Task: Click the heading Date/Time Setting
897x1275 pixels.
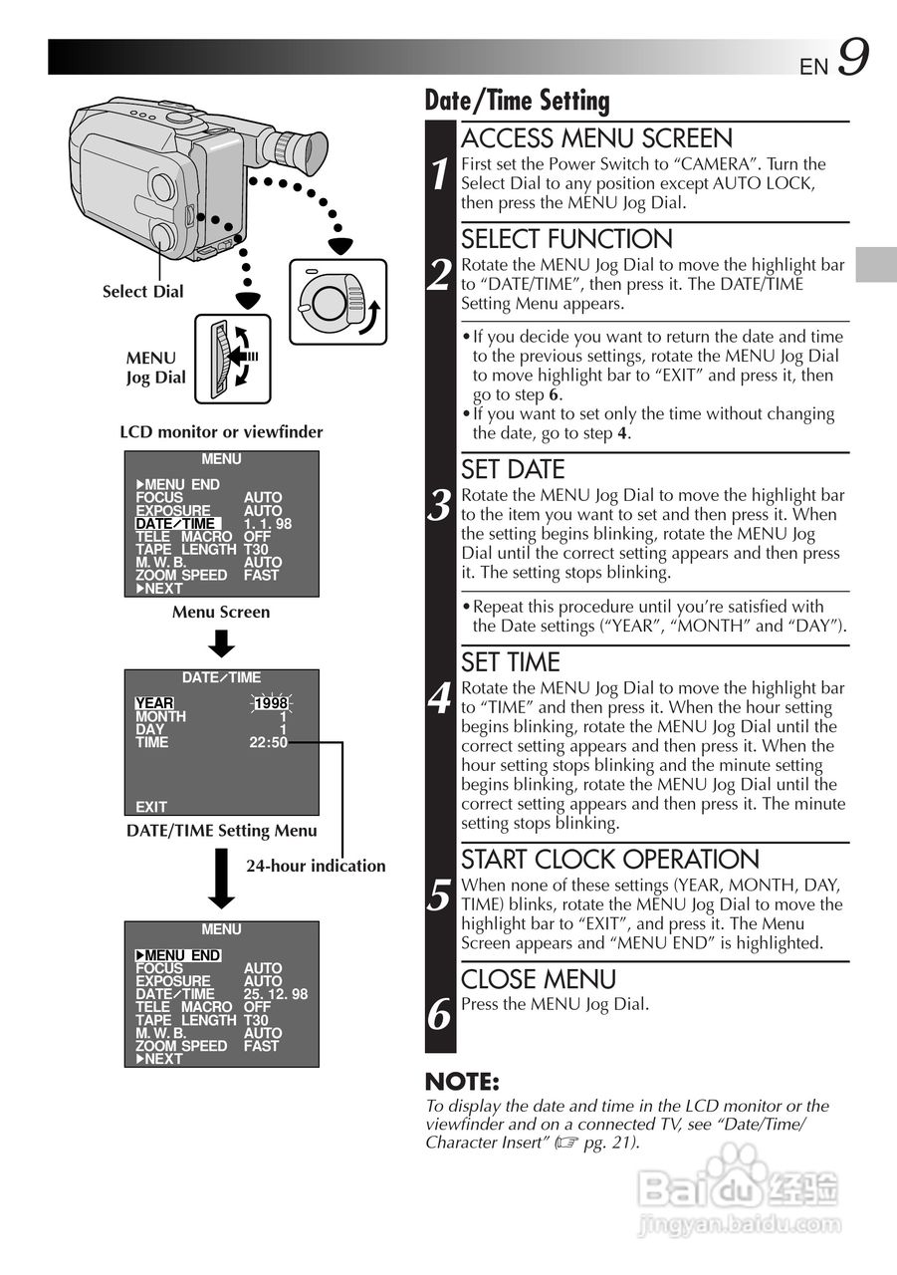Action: [517, 101]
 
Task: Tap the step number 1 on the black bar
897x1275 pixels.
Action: [440, 174]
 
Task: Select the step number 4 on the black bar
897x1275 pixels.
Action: [440, 700]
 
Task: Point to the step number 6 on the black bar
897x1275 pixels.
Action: [440, 1015]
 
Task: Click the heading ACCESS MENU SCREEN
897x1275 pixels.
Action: [596, 138]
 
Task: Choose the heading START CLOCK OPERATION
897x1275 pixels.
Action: [610, 860]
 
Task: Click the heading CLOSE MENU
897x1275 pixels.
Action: [539, 979]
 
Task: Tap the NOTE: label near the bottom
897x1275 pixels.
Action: [462, 1082]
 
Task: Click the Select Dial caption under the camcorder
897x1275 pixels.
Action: [142, 292]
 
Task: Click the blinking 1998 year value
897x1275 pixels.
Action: [270, 703]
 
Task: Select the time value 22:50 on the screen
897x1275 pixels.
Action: [268, 742]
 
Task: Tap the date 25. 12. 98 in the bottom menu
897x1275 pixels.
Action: [276, 994]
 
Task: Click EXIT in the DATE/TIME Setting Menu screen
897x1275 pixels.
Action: [151, 807]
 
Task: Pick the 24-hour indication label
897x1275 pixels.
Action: [316, 866]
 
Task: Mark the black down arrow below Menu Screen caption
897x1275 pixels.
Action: [221, 644]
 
